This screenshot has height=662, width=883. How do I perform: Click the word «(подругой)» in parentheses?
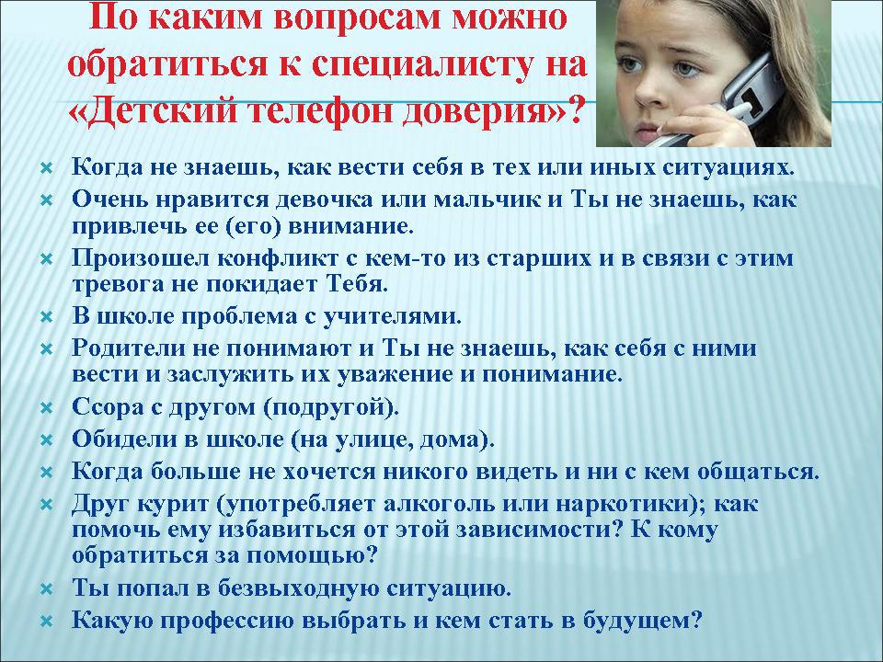331,406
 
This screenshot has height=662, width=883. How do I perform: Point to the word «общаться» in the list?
758,471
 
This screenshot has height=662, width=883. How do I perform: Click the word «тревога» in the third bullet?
117,284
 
